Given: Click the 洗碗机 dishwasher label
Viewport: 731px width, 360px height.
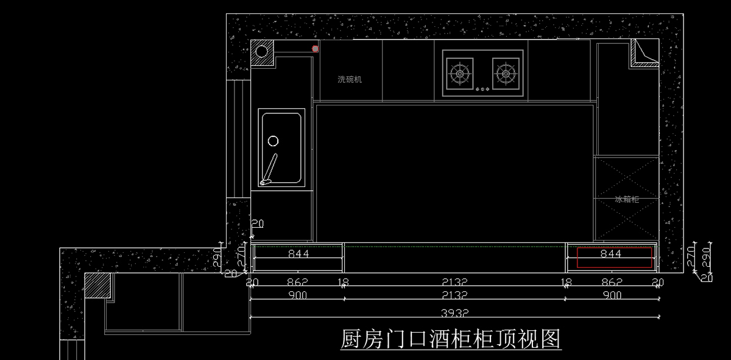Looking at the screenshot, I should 350,79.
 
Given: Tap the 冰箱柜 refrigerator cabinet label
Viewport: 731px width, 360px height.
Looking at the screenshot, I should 627,199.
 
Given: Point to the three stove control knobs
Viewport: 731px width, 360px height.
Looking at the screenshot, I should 482,90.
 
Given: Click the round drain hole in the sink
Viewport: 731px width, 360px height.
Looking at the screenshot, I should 273,141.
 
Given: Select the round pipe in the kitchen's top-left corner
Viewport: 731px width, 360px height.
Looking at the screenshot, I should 261,51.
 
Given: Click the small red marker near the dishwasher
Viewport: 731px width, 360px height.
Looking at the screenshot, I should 315,48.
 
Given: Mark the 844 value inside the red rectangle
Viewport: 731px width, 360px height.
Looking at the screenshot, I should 611,253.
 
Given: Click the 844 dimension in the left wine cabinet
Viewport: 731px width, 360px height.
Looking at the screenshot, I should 298,253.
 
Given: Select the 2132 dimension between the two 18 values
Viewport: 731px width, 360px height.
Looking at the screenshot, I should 454,281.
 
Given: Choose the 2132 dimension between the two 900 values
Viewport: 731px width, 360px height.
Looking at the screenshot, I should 454,295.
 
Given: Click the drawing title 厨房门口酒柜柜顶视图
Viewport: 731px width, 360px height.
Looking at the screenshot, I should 450,339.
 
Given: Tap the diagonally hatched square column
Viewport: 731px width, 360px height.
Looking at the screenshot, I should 96,285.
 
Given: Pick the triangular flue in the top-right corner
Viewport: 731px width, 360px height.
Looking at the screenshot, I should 643,52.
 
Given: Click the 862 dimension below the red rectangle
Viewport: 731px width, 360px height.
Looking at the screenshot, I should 612,281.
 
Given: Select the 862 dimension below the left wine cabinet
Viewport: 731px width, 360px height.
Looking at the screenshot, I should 297,281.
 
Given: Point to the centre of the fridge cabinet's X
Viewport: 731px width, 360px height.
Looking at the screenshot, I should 627,199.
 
